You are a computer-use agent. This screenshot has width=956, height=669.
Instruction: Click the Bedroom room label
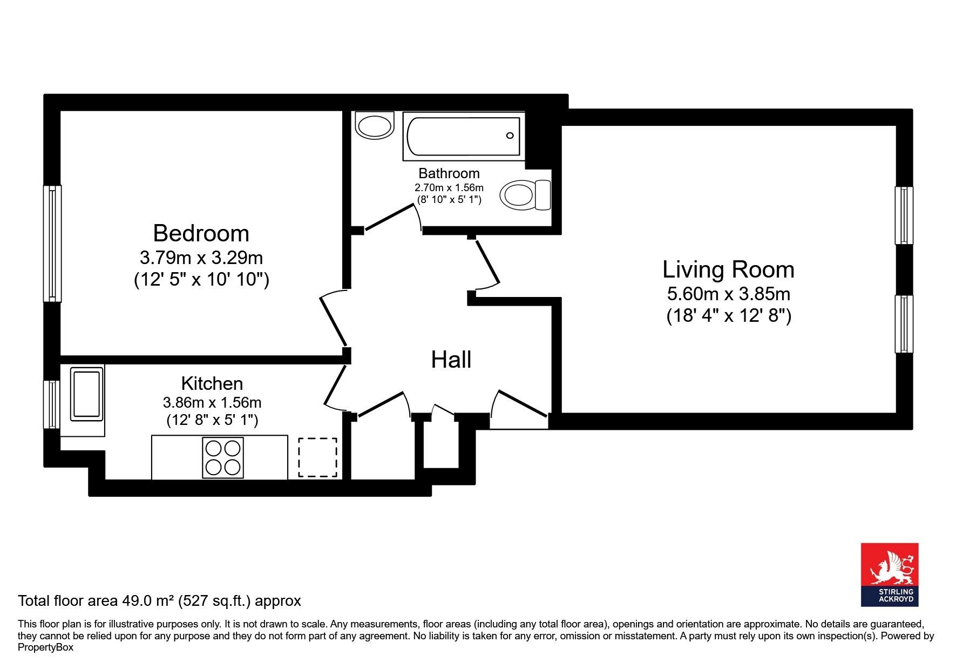(201, 234)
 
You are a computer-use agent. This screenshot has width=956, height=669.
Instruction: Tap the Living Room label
(728, 269)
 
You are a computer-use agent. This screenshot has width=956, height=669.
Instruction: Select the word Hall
(451, 360)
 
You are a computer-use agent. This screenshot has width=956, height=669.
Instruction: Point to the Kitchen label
(212, 383)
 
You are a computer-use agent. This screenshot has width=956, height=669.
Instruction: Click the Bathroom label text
(449, 173)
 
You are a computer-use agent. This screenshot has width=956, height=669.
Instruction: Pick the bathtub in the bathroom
(464, 136)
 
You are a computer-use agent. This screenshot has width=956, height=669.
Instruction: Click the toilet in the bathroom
(525, 194)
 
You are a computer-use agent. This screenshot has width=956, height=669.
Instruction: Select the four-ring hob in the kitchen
(223, 458)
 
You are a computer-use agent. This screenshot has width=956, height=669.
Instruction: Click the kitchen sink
(87, 394)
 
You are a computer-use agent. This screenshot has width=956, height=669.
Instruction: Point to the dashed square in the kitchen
(318, 457)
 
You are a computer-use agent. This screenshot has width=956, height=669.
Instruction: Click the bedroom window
(52, 243)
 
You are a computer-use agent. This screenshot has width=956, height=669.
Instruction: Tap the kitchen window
(52, 404)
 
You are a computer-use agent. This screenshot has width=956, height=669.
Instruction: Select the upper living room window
(904, 215)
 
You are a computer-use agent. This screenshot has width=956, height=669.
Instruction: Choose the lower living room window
(904, 324)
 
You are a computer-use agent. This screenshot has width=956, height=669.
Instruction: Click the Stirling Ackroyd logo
(889, 575)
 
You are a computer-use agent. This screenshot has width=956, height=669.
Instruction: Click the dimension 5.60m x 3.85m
(729, 294)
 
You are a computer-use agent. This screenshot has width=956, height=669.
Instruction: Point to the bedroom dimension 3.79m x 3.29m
(201, 258)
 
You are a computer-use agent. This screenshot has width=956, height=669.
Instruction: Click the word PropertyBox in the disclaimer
(45, 647)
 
